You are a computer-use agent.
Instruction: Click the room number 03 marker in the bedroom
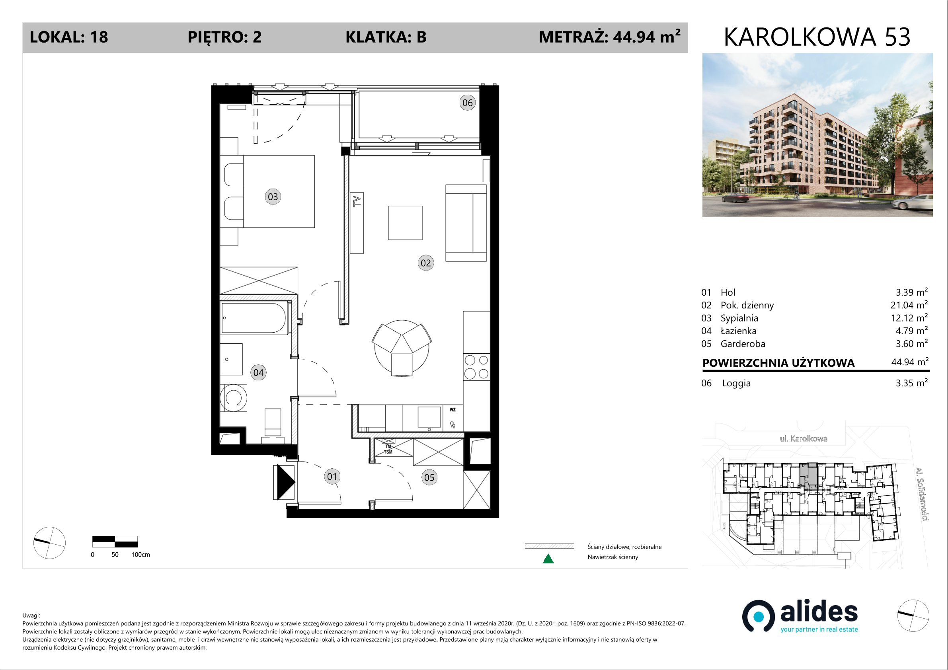tap(273, 197)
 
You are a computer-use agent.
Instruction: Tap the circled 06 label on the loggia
tap(467, 103)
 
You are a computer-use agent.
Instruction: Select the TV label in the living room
tap(357, 202)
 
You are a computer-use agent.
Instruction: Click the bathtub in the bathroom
tap(254, 318)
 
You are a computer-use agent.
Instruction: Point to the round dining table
tap(401, 349)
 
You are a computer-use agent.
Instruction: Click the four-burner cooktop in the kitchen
tap(476, 367)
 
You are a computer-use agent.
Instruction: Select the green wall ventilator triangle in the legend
tap(548, 559)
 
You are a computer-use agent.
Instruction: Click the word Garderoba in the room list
tap(743, 344)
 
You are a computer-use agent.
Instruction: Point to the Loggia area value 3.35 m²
tap(912, 383)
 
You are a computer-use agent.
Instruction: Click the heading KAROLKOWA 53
tap(817, 37)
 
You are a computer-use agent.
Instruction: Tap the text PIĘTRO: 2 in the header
tap(224, 37)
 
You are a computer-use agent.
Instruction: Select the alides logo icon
tap(759, 616)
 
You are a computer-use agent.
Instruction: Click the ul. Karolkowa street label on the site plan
tap(804, 438)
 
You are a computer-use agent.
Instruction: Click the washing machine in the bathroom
tap(234, 398)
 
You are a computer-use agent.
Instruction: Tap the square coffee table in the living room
tap(405, 223)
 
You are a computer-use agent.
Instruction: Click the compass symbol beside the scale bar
tap(49, 543)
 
